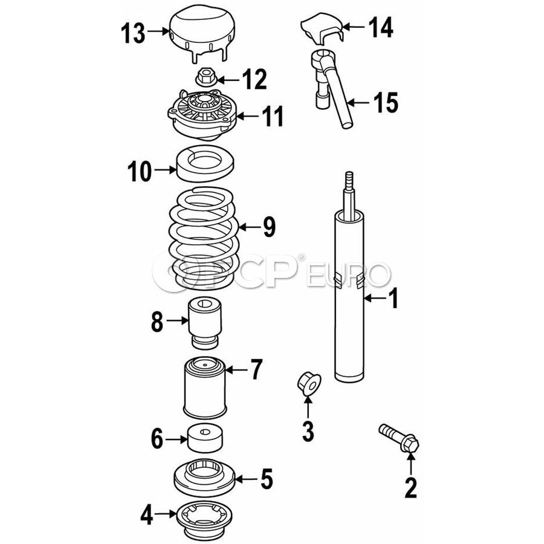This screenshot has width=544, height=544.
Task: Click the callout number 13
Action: [x=133, y=33]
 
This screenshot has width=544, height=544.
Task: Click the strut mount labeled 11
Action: [x=202, y=114]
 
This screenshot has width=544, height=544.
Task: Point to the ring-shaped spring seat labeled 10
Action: [x=205, y=163]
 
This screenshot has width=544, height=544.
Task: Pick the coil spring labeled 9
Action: [x=204, y=239]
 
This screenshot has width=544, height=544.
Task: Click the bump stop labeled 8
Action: [x=204, y=323]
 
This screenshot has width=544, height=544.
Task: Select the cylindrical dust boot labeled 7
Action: [x=205, y=387]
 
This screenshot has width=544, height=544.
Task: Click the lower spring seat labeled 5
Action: [x=204, y=478]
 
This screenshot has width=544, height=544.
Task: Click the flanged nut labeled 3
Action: [x=309, y=383]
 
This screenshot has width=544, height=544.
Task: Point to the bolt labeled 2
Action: [x=399, y=438]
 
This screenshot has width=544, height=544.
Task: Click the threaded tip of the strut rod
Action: [x=349, y=180]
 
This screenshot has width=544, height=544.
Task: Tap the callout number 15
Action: [x=386, y=102]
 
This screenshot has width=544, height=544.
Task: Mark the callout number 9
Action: [x=270, y=227]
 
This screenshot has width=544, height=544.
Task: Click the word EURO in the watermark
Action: [x=349, y=275]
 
